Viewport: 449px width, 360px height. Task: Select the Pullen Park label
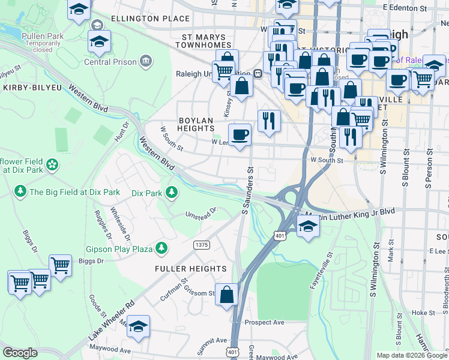(43, 36)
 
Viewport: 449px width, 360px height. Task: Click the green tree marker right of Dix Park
(172, 193)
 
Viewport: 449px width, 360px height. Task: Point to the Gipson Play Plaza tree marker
(161, 248)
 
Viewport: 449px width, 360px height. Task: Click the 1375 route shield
(202, 245)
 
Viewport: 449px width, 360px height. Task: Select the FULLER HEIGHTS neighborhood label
(191, 269)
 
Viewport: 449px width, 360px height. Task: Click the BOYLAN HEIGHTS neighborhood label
(196, 125)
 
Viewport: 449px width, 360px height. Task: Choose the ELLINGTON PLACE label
(150, 19)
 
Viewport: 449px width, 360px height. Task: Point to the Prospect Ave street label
(265, 322)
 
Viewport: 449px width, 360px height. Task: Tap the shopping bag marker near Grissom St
(226, 295)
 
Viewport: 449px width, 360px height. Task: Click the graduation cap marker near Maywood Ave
(138, 326)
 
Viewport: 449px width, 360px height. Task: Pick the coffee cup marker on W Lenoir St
(240, 134)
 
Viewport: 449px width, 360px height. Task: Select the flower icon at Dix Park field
(52, 164)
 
